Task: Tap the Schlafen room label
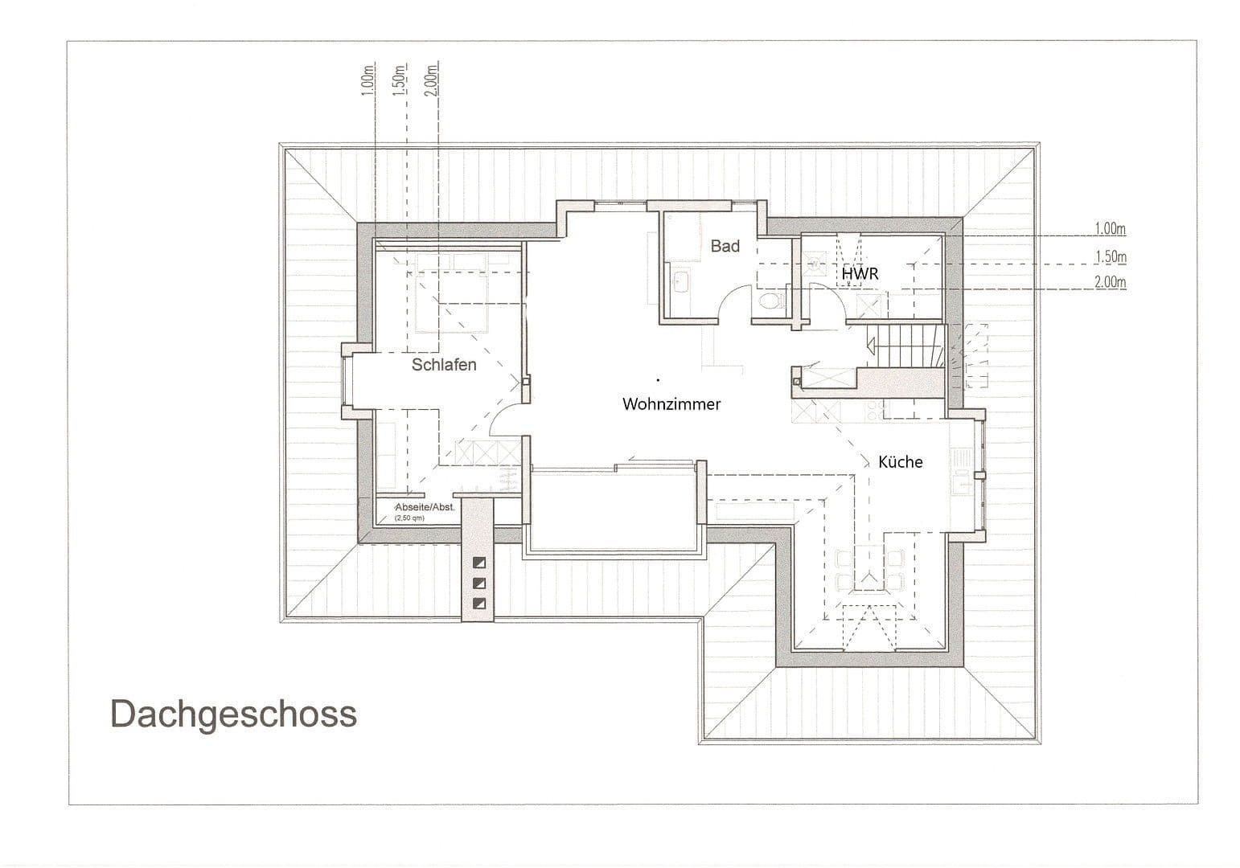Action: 444,365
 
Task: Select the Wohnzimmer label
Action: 671,404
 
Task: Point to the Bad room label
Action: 725,247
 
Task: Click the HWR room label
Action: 860,274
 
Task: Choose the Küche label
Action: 900,462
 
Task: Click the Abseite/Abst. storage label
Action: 424,508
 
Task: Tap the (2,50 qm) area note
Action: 409,518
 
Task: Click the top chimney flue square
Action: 479,563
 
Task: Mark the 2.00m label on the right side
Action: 1110,283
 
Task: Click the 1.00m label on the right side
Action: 1110,230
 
